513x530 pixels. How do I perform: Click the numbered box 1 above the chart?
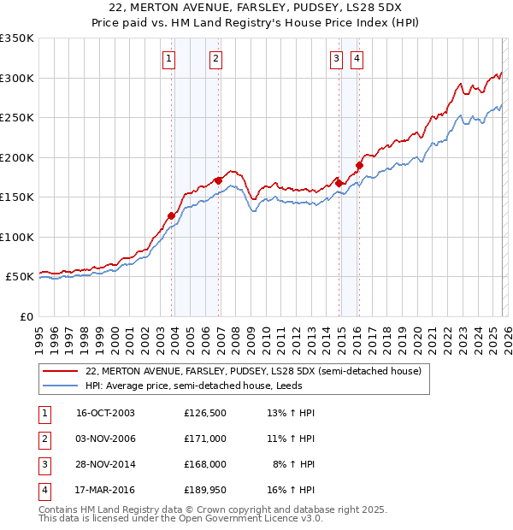[x=169, y=59]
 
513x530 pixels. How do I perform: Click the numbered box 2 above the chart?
[x=215, y=59]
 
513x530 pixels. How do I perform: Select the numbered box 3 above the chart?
[x=337, y=59]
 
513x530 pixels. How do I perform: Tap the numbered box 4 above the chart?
[x=357, y=59]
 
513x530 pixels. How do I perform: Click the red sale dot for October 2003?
[x=172, y=215]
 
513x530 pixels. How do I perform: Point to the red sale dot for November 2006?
[x=219, y=180]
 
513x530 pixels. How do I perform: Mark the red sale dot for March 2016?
[x=360, y=165]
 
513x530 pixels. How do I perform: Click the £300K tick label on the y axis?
[x=16, y=78]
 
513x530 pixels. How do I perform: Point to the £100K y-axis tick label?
[x=16, y=237]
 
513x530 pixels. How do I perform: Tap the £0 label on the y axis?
[x=26, y=316]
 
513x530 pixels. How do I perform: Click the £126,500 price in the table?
[x=205, y=413]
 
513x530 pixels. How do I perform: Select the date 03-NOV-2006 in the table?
[x=106, y=439]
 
